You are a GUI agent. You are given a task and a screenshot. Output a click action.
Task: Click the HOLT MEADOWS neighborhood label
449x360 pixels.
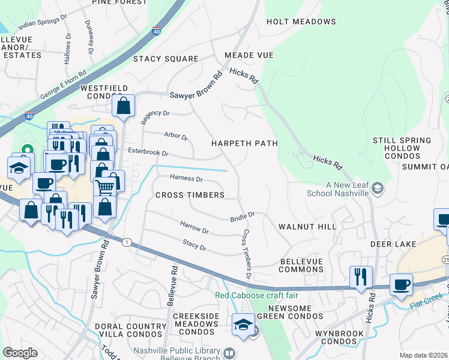[x=301, y=22]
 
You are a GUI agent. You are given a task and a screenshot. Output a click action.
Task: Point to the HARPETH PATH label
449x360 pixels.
[x=244, y=143]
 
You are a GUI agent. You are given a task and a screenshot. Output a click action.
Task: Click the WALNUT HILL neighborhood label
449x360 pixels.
[x=307, y=227]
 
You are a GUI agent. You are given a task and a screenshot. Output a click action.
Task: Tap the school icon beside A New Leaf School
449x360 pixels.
[x=376, y=188]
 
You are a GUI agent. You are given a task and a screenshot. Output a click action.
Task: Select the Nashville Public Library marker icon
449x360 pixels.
[x=228, y=355]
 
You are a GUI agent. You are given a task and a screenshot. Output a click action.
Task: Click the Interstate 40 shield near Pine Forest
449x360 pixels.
[x=156, y=32]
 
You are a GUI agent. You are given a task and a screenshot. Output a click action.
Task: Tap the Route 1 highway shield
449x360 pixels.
[x=126, y=242]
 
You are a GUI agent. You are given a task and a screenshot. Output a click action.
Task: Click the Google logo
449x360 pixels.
[x=20, y=353]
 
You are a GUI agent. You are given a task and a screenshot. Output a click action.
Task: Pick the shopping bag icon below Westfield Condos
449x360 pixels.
[x=123, y=106]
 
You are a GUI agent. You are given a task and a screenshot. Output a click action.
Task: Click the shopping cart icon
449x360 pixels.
[x=105, y=187]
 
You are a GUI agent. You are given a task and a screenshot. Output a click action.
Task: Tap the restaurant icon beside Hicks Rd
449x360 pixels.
[x=361, y=277]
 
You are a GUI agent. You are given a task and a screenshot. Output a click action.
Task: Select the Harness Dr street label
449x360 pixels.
[x=187, y=178]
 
